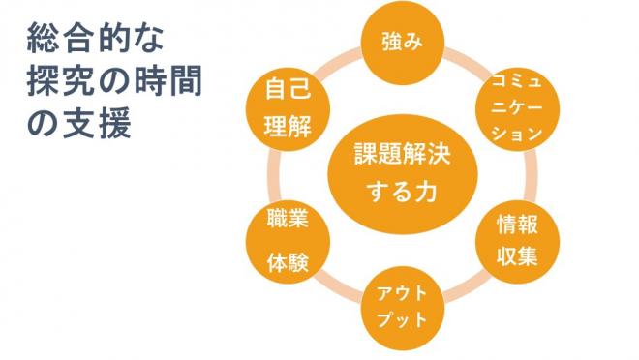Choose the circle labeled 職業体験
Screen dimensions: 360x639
[x=287, y=241]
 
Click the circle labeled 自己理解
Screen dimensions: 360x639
[x=287, y=108]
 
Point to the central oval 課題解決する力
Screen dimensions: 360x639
[x=400, y=172]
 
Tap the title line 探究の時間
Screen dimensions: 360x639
[x=114, y=84]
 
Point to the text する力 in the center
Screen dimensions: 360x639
[x=401, y=191]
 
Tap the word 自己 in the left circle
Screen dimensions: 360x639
[x=287, y=92]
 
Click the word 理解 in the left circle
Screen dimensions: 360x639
[x=287, y=126]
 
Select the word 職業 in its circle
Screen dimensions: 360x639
[x=287, y=221]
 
